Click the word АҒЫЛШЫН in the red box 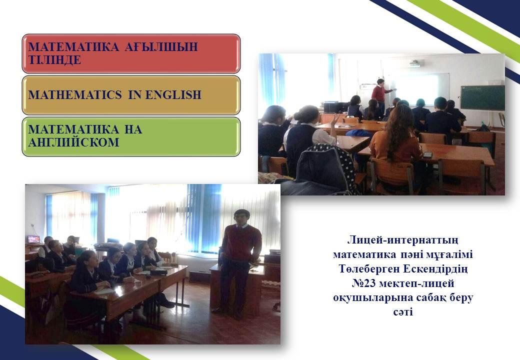tap(161, 46)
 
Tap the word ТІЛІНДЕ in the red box tap(54, 60)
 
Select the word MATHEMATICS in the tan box tap(75, 95)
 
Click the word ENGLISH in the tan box tap(173, 95)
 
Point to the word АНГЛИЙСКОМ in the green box tap(73, 142)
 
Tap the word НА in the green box tap(133, 129)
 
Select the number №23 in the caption tap(364, 283)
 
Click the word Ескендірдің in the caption tap(435, 269)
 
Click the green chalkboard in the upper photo tap(482, 98)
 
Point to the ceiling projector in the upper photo tap(415, 63)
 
